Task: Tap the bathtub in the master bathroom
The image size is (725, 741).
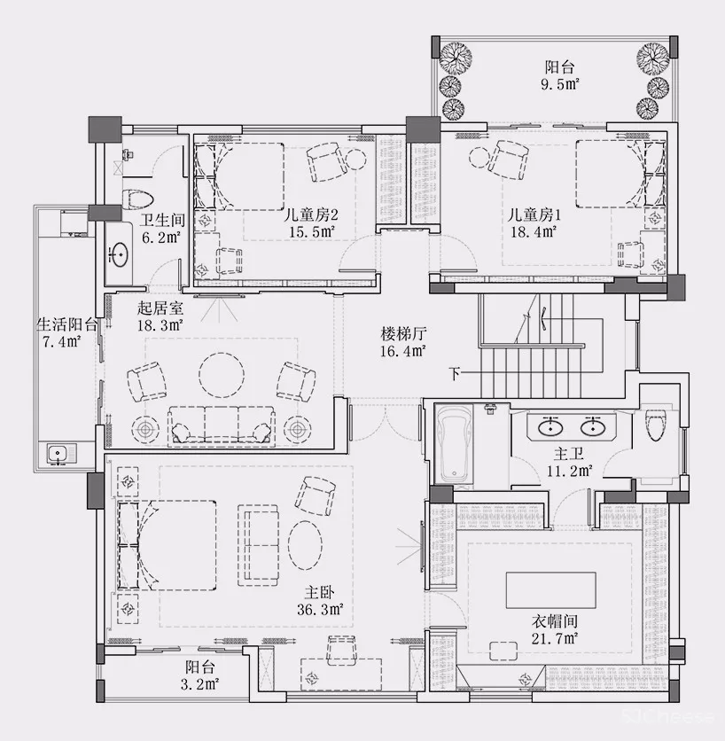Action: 454,444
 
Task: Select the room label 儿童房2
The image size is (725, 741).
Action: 310,215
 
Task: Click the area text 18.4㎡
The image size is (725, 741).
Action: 534,231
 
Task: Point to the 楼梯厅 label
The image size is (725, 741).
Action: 403,333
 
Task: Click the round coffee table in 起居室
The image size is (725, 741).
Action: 222,375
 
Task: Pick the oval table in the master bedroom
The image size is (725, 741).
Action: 305,545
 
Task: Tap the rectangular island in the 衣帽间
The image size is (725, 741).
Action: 551,590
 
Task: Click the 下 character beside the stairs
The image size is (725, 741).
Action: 455,374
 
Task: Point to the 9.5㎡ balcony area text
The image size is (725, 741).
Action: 560,84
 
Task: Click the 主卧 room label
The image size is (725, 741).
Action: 319,592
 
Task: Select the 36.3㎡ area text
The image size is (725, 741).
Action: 320,609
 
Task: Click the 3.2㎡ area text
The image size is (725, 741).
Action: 199,683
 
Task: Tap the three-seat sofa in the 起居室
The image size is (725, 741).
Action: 222,425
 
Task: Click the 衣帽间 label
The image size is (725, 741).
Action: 555,621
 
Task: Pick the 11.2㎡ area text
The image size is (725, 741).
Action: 570,471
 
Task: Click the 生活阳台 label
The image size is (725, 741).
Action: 67,324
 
